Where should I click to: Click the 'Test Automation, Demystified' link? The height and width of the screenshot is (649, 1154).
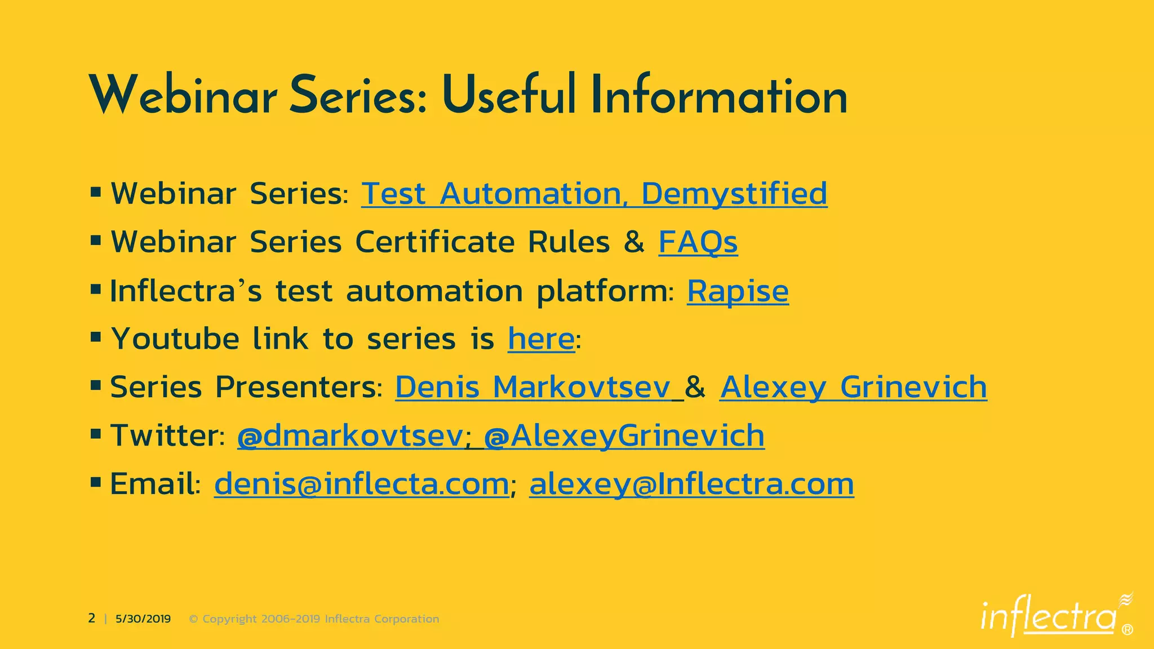(x=594, y=194)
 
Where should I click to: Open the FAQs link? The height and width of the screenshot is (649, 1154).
(x=698, y=243)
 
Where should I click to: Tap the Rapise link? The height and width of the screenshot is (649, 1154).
(x=737, y=291)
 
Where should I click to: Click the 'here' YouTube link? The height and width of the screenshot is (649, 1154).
(x=541, y=339)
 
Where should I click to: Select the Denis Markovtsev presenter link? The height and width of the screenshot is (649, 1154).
(x=532, y=388)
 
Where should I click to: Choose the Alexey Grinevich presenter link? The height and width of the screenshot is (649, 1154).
(x=853, y=388)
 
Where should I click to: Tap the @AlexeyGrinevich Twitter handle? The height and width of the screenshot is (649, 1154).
(x=624, y=436)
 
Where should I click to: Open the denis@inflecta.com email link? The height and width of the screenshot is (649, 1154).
(x=361, y=484)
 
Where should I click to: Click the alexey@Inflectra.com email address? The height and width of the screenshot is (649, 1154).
(x=691, y=484)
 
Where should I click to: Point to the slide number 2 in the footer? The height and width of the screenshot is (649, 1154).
(x=92, y=619)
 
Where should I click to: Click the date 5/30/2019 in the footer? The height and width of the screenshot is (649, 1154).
(x=143, y=619)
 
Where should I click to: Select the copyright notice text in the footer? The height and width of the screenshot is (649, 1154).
(x=314, y=619)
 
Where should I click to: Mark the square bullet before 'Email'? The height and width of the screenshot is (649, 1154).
(x=96, y=482)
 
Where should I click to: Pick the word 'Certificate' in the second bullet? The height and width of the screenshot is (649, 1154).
(x=434, y=243)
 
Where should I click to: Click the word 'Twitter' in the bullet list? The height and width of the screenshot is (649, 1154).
(x=163, y=436)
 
